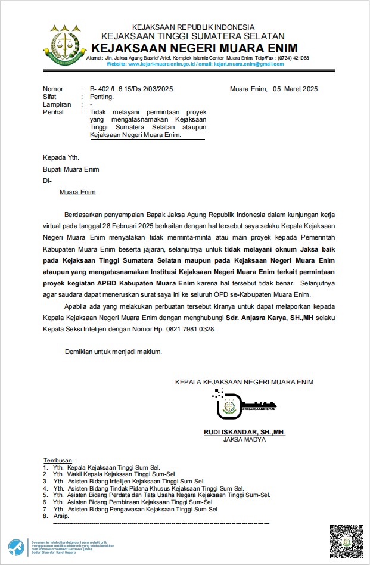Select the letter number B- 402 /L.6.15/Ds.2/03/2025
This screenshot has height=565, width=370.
(x=132, y=89)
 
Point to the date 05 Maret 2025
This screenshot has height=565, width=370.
(x=296, y=89)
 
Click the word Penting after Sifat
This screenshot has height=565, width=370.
(x=101, y=97)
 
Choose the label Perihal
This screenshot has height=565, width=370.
(x=54, y=112)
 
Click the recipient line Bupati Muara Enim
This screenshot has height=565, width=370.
(x=71, y=169)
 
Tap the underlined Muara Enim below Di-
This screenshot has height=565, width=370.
(x=77, y=192)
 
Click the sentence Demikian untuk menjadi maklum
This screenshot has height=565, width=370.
(x=113, y=352)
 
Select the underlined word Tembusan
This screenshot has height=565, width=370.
(x=57, y=461)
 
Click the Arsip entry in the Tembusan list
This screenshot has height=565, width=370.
(x=61, y=516)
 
